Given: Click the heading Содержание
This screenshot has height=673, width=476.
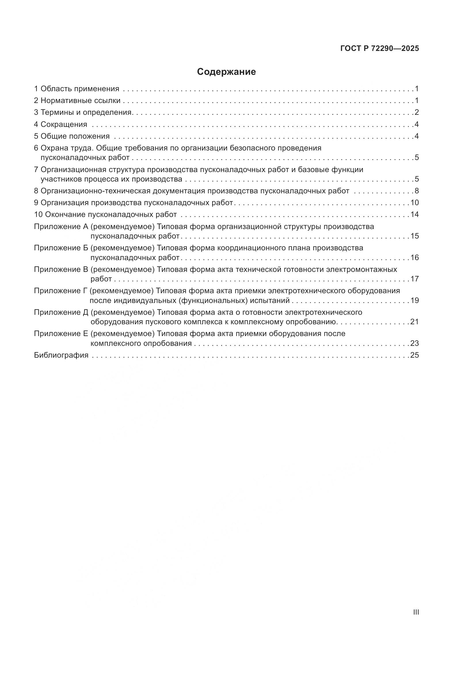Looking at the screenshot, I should tap(226, 72).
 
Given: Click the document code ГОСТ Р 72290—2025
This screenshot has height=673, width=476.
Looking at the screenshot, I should tap(380, 49).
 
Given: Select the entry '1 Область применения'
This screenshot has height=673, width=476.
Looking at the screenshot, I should tap(77, 89).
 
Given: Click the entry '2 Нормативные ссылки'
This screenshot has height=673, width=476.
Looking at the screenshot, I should tap(77, 100).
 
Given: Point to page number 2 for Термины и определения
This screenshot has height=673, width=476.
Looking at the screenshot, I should tap(416, 112).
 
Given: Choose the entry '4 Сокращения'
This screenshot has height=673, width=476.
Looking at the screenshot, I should tap(60, 124).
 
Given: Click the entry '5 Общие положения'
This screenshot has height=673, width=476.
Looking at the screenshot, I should tap(72, 136).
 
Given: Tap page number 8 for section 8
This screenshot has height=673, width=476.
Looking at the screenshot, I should tap(416, 191).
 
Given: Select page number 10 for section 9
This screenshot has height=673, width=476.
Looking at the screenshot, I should tap(414, 203).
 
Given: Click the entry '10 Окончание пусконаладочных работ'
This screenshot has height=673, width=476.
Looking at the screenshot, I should tap(106, 215).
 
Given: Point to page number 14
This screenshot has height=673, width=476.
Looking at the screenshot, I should tap(414, 215).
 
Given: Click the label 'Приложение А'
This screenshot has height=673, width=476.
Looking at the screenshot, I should tap(61, 226).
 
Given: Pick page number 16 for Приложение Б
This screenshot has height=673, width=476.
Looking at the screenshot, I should tap(414, 258).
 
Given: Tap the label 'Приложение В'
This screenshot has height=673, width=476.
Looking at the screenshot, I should tap(61, 269).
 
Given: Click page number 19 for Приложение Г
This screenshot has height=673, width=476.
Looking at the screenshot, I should tap(414, 300).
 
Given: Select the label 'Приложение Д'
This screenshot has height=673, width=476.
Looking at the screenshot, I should tap(61, 312).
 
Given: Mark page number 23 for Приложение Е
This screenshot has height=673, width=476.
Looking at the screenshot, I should tap(414, 343).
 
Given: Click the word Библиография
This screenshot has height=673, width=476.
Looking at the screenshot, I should tap(61, 355).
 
